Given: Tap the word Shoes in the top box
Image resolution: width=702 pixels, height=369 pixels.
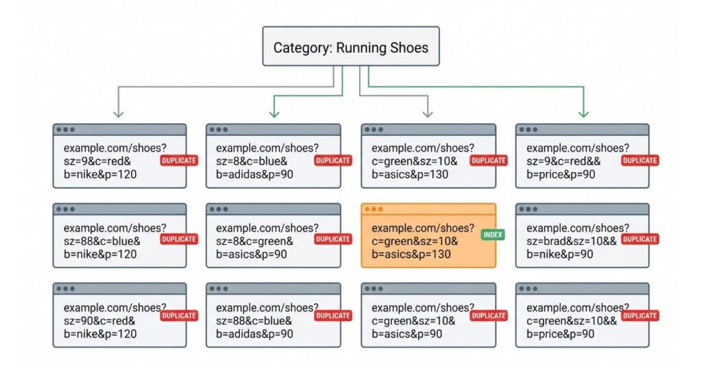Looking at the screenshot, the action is point(409,47).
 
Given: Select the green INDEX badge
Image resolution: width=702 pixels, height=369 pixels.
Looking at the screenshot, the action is point(493,235).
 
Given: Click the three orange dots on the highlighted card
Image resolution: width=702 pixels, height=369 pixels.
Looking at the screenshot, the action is point(374,209).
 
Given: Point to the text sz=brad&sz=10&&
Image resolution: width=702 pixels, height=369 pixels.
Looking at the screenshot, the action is point(571,241).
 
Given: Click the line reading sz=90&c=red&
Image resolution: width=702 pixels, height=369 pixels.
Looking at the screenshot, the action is point(99,321).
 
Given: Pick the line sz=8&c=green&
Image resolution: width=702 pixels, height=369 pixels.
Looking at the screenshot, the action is point(254,241).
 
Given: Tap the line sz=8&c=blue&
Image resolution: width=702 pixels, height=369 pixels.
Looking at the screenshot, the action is point(252,161).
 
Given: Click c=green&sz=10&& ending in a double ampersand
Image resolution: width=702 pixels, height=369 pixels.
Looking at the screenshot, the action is point(571,321).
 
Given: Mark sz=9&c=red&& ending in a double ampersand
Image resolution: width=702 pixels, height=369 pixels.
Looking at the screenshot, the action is point(564,161).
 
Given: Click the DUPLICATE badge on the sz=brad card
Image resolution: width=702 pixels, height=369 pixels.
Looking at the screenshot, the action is point(640,239).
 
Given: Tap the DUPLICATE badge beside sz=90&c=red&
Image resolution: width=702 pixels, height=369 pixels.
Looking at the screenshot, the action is point(179,316).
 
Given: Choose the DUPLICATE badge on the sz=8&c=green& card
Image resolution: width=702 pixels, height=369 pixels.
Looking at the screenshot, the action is point(332,239).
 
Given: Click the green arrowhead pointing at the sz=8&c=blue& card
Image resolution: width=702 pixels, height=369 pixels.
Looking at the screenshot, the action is point(274,114).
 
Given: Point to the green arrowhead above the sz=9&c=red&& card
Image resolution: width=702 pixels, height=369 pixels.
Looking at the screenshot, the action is point(583,114).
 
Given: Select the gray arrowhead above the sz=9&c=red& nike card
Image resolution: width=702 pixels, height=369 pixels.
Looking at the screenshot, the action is point(118,114).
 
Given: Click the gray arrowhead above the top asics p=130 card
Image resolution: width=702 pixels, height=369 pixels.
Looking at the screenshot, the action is point(428,114).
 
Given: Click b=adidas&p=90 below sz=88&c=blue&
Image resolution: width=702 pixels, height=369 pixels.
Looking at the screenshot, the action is point(254,334).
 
